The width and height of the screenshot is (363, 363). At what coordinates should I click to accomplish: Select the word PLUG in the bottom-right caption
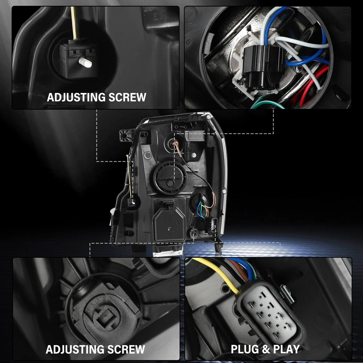[x=244, y=349]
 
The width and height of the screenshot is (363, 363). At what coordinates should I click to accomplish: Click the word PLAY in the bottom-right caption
[x=287, y=349]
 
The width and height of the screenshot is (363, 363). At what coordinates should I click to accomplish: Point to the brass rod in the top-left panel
[x=75, y=23]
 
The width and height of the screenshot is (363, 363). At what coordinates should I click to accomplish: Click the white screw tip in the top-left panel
[x=85, y=62]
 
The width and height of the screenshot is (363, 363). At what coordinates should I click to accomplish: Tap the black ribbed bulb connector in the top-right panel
[x=264, y=66]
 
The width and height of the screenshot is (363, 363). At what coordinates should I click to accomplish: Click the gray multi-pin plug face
[x=270, y=313]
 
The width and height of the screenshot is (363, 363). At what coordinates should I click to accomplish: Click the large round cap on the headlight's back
[x=170, y=178]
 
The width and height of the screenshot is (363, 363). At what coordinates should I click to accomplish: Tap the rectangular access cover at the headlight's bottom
[x=170, y=224]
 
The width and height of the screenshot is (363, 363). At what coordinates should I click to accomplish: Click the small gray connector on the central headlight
[x=214, y=225]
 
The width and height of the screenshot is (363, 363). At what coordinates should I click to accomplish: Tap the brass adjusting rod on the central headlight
[x=130, y=177]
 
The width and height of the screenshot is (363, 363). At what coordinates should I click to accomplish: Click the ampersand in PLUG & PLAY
[x=265, y=349]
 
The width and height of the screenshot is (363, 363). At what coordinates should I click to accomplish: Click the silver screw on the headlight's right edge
[x=224, y=191]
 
